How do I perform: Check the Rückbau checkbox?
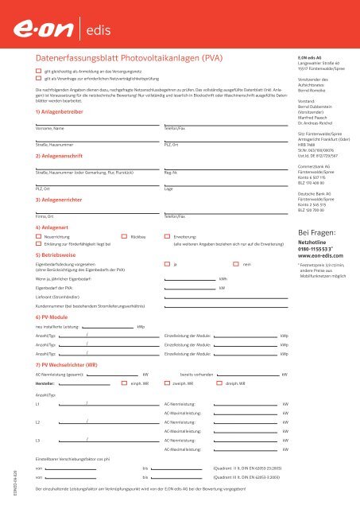pos(122,238)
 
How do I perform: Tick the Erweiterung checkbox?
pos(166,238)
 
